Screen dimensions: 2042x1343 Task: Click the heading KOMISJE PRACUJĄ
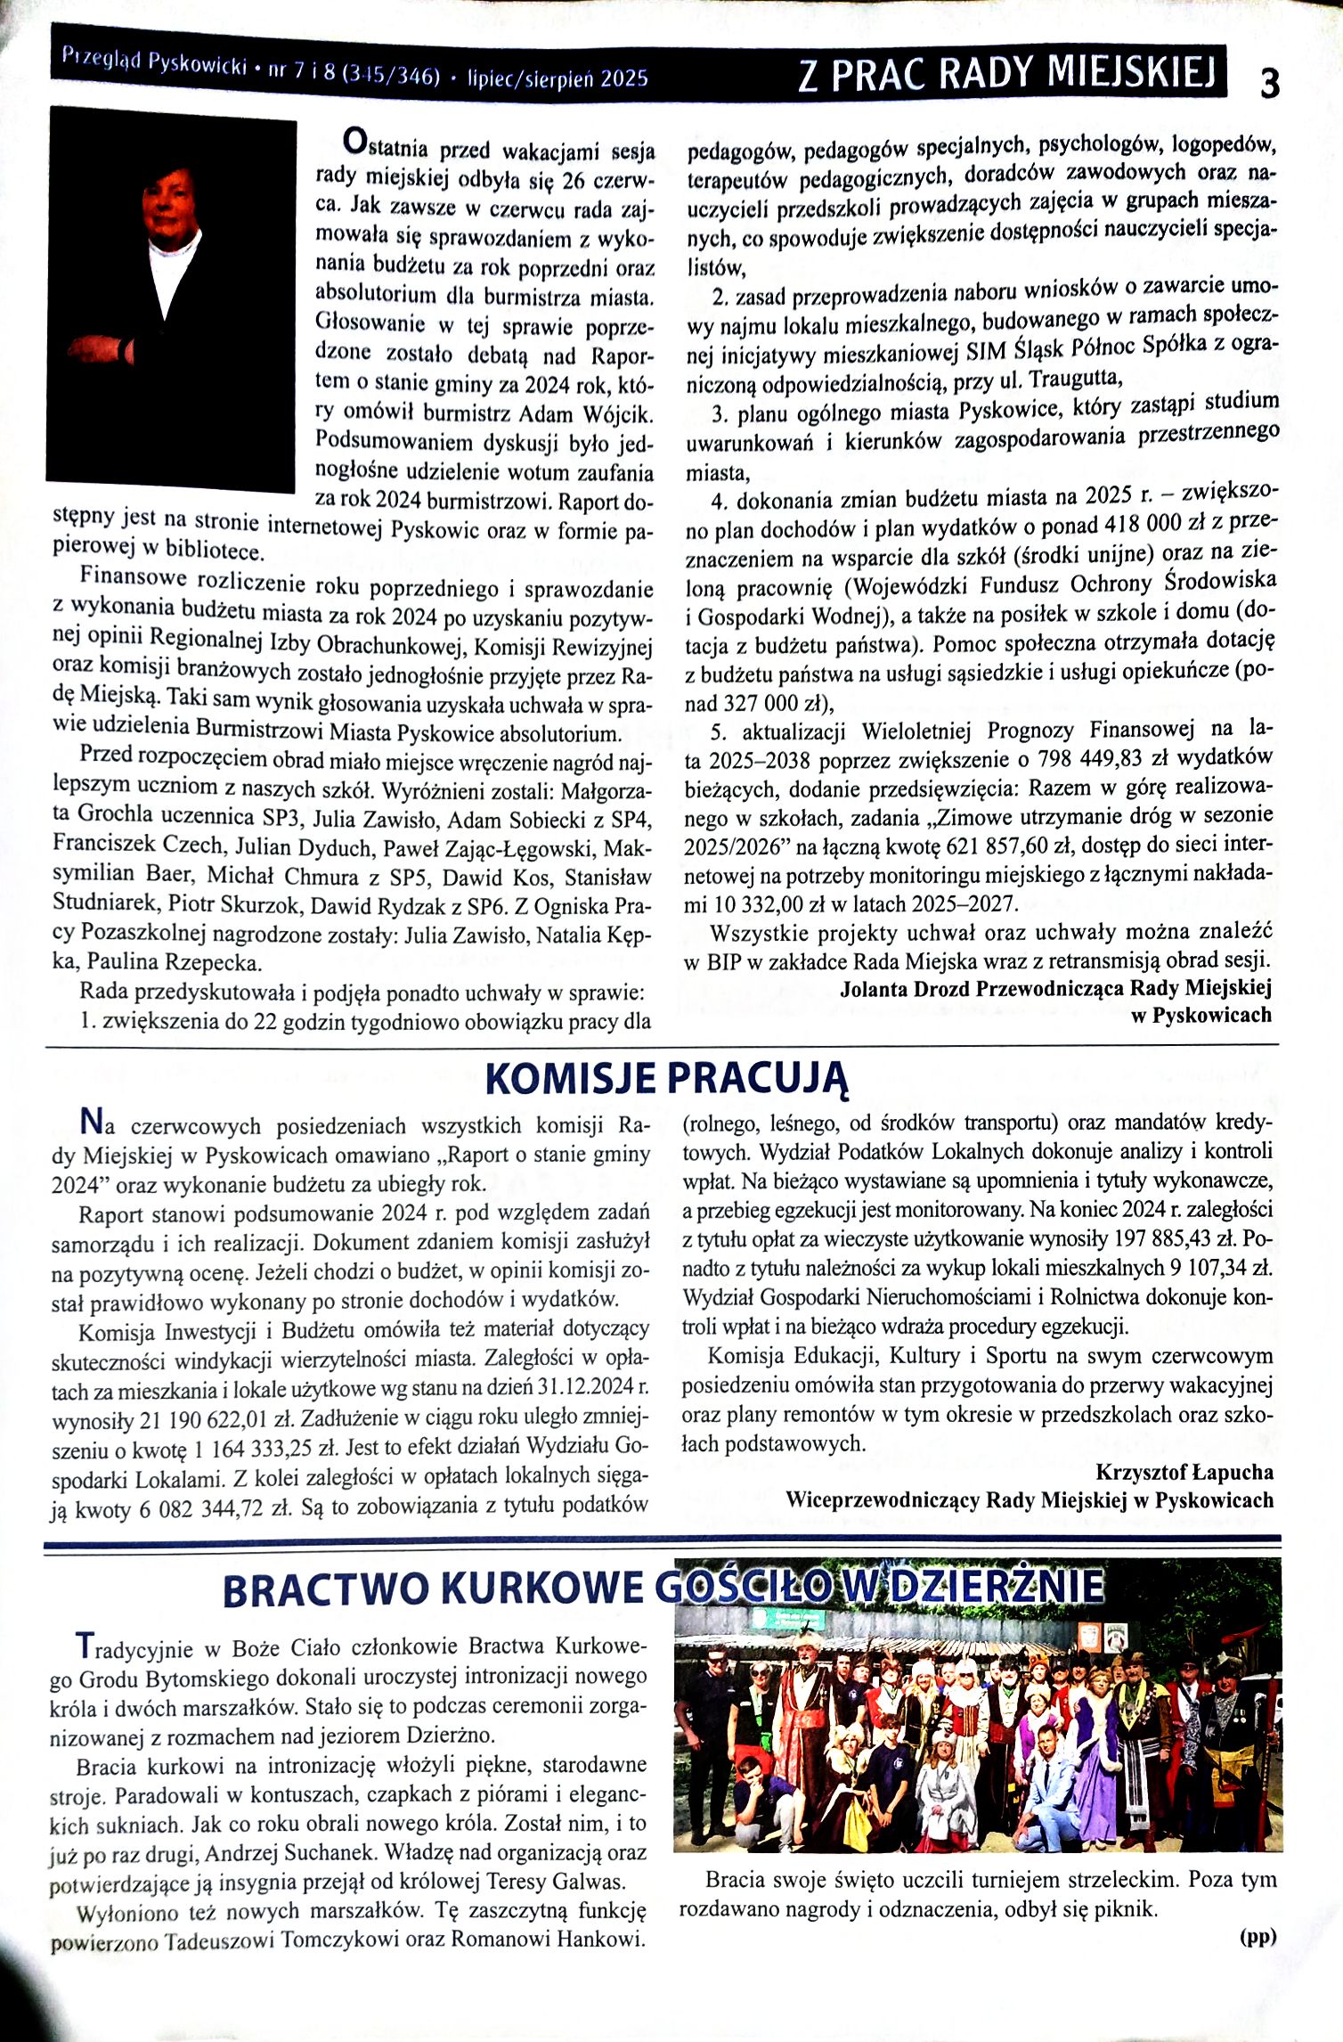[666, 1079]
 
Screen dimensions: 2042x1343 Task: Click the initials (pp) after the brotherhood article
[1257, 1935]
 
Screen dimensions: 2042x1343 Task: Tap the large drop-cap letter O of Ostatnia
[354, 141]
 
